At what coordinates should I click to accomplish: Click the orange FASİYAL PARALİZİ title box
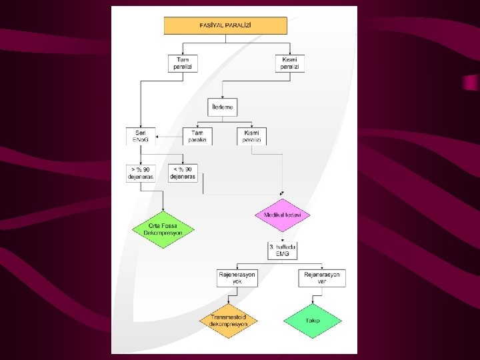[x=225, y=25]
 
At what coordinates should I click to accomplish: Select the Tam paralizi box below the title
[x=183, y=63]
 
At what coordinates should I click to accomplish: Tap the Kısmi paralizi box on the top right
[x=289, y=63]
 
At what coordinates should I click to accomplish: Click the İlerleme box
[x=222, y=107]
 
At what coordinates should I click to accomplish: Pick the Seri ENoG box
[x=140, y=136]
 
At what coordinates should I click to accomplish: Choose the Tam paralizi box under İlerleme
[x=197, y=136]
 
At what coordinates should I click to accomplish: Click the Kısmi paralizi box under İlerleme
[x=251, y=136]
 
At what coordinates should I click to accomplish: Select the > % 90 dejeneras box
[x=140, y=173]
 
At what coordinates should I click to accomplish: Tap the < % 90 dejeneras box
[x=183, y=173]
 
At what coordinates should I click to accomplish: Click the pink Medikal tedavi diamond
[x=283, y=215]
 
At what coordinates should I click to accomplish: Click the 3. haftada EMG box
[x=283, y=251]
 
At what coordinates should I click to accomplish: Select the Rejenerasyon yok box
[x=237, y=278]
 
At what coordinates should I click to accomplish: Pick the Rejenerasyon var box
[x=322, y=278]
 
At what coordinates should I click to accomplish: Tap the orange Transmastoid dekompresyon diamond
[x=229, y=321]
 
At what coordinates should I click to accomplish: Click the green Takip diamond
[x=313, y=321]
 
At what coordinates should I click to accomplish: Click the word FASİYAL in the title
[x=213, y=25]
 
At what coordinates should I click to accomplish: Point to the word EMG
[x=283, y=255]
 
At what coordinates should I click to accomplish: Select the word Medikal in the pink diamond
[x=274, y=215]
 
